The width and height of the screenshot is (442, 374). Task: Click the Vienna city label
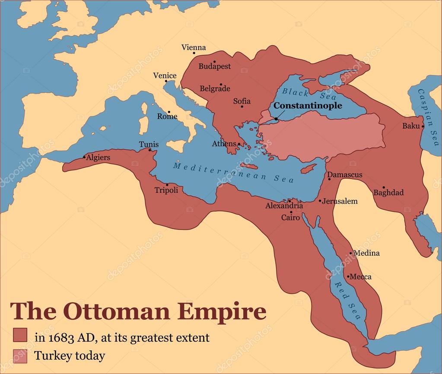[194, 47]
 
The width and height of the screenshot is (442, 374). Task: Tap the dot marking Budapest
[214, 62]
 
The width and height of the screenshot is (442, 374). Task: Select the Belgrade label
[215, 89]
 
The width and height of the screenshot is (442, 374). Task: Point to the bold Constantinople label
[308, 106]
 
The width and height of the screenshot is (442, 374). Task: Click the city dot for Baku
[423, 126]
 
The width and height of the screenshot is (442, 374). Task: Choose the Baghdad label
[388, 192]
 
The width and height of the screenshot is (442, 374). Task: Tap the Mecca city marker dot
[348, 277]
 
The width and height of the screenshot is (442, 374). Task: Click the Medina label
[366, 253]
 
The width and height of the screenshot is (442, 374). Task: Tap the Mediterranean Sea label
[233, 172]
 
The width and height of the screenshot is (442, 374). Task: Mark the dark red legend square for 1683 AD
[20, 335]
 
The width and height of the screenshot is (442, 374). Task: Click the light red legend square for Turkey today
[20, 356]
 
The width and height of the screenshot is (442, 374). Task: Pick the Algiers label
[98, 157]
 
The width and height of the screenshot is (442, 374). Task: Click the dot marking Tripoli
[167, 185]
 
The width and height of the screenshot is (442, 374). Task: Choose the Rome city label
[167, 116]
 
